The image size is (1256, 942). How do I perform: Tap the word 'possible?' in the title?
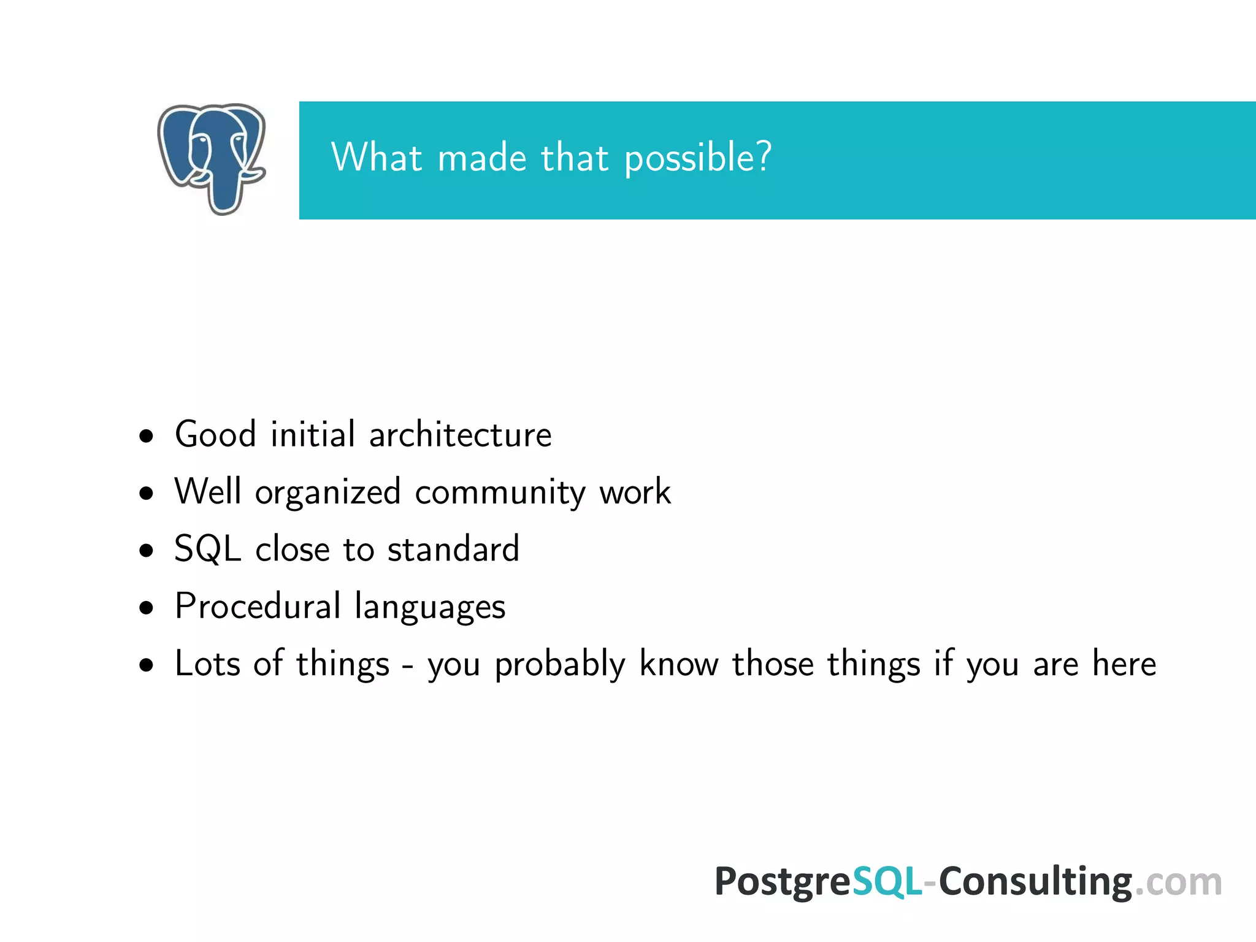697,158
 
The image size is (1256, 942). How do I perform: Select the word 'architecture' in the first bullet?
460,435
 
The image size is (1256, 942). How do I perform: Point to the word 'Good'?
215,435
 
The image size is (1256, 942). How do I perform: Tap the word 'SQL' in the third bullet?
207,549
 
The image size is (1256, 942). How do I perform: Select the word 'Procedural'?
258,607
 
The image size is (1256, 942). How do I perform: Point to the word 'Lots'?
207,664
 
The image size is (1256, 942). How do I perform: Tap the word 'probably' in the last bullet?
559,665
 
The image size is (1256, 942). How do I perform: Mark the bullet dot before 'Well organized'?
146,493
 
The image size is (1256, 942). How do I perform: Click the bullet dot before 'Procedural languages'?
146,608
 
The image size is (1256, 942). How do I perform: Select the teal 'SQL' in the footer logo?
887,883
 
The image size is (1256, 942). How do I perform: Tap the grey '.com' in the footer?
1177,883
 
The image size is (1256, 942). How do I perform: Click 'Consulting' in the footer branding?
1035,883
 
